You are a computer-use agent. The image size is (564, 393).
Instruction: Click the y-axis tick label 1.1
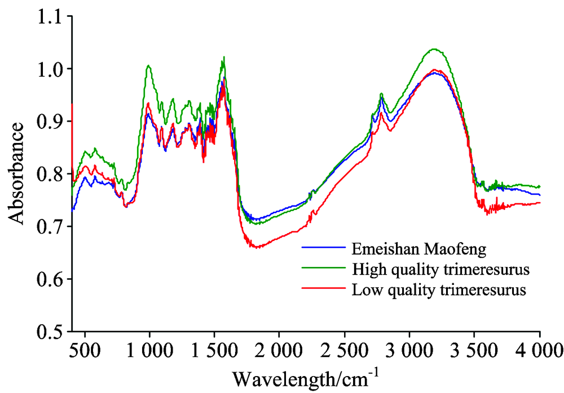coord(49,17)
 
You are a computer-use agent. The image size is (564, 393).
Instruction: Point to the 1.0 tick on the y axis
coord(49,69)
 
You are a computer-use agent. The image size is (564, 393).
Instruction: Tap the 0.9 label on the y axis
coord(49,122)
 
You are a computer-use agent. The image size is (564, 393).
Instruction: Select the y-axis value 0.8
coord(49,174)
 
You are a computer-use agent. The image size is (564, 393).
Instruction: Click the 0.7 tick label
coord(49,227)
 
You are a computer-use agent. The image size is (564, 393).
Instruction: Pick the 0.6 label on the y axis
coord(49,279)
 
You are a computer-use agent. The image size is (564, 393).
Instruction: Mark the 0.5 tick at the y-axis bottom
coord(49,332)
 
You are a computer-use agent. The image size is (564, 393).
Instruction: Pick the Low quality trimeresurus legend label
coord(439,291)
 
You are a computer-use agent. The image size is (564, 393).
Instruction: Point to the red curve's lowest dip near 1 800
coord(257,247)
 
